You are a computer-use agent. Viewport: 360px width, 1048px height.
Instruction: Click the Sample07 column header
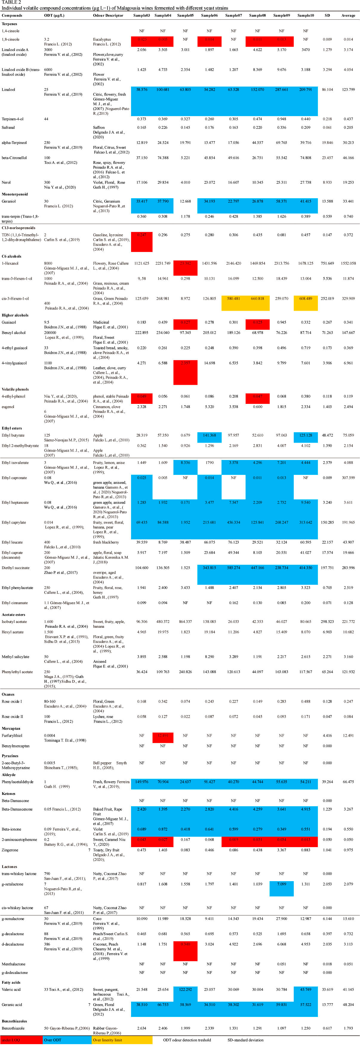[x=233, y=16]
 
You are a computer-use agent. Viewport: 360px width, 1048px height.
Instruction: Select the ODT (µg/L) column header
[x=54, y=16]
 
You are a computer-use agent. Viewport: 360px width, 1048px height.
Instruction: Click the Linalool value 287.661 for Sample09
[x=281, y=90]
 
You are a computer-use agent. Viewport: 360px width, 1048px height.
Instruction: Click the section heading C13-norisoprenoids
[x=18, y=228]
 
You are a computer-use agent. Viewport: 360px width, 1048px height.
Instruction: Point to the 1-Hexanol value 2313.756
[x=281, y=263]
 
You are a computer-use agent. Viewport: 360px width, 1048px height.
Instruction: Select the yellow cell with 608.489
[x=305, y=298]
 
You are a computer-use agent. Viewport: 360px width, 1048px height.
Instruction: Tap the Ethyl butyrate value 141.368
[x=210, y=435]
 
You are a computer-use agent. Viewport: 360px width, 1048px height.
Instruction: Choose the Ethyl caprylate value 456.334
[x=233, y=522]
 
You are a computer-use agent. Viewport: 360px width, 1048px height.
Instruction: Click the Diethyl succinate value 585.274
[x=233, y=568]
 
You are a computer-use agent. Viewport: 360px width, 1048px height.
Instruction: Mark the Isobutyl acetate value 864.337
[x=185, y=622]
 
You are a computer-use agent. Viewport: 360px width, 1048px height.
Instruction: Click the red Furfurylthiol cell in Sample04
[x=163, y=735]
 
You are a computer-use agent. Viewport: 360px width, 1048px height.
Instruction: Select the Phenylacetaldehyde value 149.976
[x=141, y=782]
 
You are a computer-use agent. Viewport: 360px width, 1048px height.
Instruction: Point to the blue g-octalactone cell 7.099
[x=281, y=884]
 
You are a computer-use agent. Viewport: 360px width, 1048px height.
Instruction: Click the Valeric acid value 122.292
[x=185, y=989]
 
